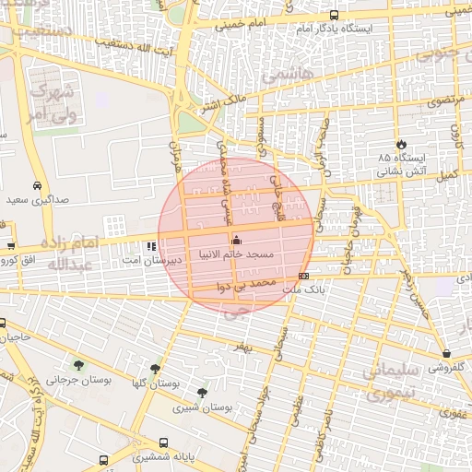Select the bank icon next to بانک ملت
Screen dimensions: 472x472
303,276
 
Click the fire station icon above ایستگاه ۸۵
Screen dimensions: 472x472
402,144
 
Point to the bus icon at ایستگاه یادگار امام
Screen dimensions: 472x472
334,15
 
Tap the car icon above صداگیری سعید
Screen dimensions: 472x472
37,184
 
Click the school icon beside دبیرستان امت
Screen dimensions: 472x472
150,246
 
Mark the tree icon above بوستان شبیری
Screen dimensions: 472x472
202,393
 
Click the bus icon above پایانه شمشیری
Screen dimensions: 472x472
164,442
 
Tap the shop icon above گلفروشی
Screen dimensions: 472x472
446,354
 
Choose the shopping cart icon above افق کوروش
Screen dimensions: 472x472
10,246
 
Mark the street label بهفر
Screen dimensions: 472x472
242,347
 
